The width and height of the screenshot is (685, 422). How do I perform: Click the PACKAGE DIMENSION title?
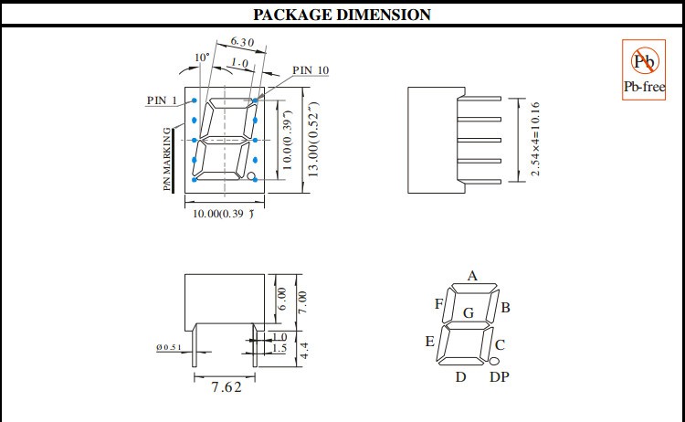point(342,15)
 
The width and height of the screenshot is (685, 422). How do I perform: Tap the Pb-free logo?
point(644,70)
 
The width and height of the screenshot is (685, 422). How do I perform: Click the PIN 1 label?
point(162,100)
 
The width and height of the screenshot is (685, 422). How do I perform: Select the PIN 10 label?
point(311,70)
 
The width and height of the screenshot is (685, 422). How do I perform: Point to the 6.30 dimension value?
point(242,42)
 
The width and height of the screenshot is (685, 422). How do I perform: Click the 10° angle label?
point(202,58)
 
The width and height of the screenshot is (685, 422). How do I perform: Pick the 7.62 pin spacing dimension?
point(227,387)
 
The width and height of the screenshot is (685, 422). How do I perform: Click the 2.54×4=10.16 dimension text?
point(535,139)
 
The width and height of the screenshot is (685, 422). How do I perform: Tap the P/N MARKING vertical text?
point(167,159)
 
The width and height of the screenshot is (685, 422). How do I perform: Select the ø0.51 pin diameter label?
point(169,347)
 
